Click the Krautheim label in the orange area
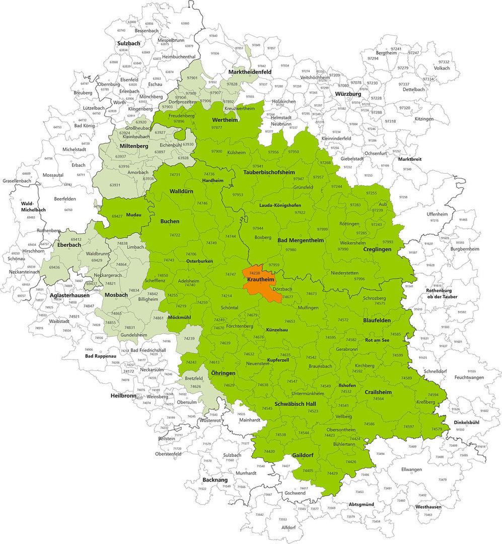tap(260, 280)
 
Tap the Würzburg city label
tap(348, 94)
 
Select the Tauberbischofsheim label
tap(268, 172)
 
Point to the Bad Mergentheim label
tap(301, 240)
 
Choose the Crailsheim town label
tap(378, 392)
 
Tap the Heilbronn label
tap(123, 396)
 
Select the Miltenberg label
tap(133, 146)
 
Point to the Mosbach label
tap(116, 295)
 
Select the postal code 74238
tap(254, 273)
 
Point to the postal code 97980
tap(291, 250)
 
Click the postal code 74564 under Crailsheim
tap(378, 398)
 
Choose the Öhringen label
tap(224, 373)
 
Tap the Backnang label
tap(216, 480)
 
